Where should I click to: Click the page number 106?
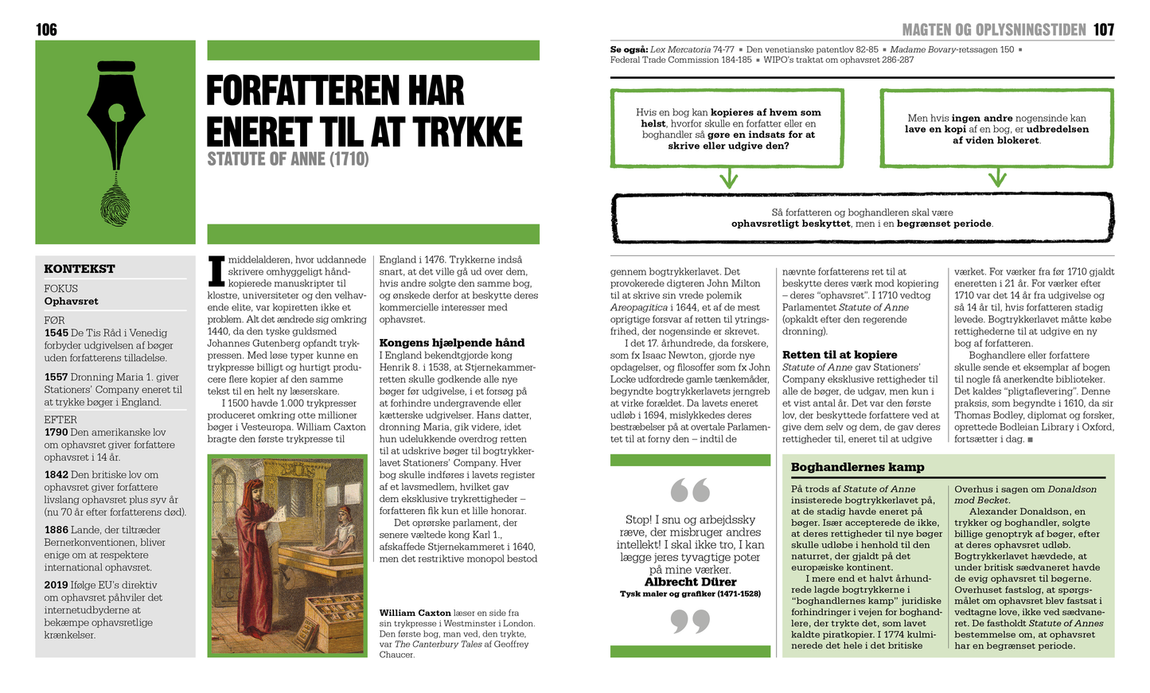point(46,29)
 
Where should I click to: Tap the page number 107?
point(1104,29)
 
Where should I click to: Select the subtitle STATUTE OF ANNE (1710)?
point(287,159)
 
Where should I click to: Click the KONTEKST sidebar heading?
point(80,269)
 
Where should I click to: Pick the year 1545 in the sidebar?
point(56,333)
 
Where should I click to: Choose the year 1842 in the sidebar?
point(56,475)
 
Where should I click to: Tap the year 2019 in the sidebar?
point(56,585)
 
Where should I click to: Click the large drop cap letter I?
point(216,271)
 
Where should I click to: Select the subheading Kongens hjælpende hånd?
point(451,343)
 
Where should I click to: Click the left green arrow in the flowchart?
point(728,178)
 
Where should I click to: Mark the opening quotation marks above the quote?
point(690,490)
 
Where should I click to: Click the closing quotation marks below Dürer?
point(690,621)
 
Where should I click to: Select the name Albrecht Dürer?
point(690,582)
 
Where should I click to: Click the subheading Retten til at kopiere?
point(840,355)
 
